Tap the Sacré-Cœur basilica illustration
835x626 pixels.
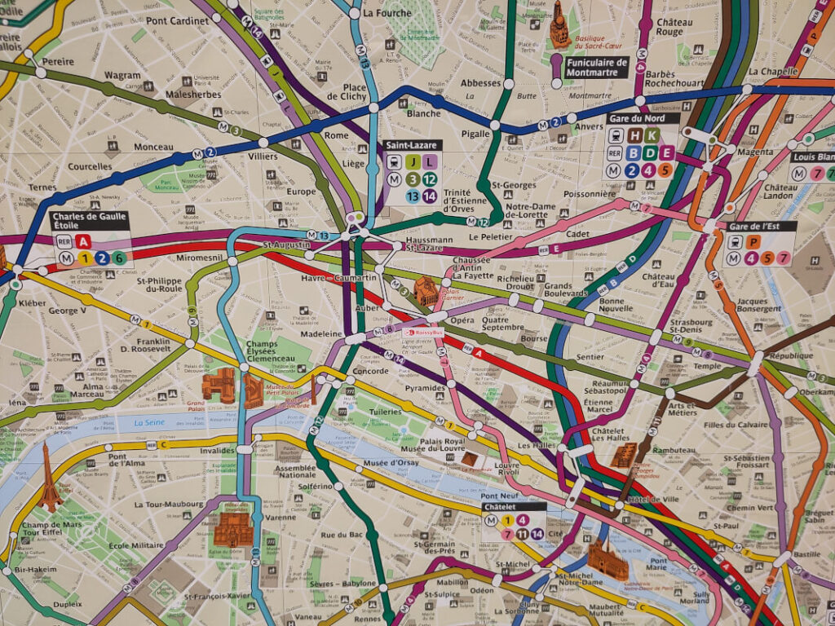(559, 26)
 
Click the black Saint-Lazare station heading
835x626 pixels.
(413, 145)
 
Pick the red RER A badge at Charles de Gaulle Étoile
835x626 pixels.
(83, 240)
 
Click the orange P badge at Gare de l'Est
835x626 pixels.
(755, 241)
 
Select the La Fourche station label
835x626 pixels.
(387, 13)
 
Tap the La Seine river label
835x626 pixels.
(149, 422)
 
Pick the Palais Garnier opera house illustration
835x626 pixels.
(426, 290)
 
